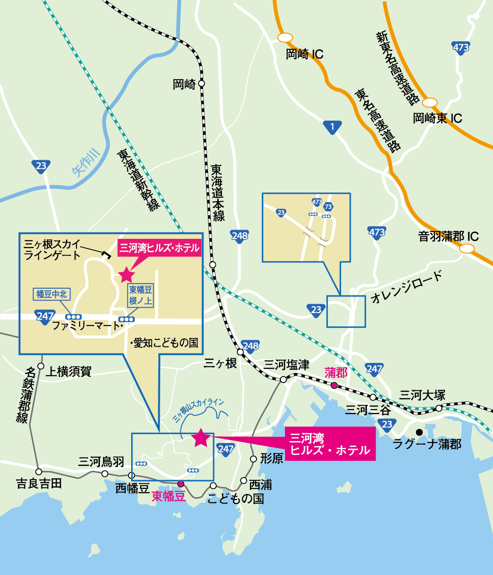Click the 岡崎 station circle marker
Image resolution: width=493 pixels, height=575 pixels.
click(201, 84)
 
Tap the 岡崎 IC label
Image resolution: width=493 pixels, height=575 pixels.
click(304, 54)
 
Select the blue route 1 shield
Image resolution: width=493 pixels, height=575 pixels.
click(332, 127)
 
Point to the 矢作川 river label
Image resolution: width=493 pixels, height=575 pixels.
click(86, 163)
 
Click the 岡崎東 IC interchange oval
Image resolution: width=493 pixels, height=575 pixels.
click(431, 102)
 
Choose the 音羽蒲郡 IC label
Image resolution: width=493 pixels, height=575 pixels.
click(448, 237)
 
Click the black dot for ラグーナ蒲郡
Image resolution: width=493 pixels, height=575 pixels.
click(419, 432)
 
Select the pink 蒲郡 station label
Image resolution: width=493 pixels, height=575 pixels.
click(336, 372)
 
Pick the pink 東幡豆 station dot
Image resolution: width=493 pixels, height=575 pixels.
click(181, 484)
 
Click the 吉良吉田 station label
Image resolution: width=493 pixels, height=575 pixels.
click(39, 484)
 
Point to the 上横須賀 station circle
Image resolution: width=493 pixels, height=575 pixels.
click(41, 366)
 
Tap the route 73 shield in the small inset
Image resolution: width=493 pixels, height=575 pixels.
click(328, 207)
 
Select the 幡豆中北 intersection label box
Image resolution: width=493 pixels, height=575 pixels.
click(52, 294)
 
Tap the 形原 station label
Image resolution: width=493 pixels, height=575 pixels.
click(272, 459)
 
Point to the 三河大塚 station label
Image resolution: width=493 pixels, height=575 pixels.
click(422, 395)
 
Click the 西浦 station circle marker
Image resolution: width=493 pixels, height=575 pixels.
click(244, 481)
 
